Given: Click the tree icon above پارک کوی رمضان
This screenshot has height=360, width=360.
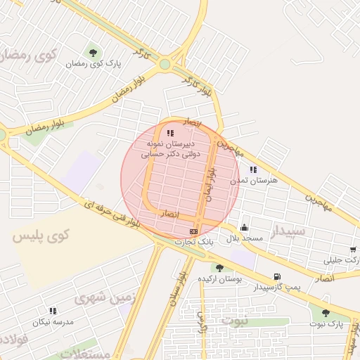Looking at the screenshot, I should coord(93,52).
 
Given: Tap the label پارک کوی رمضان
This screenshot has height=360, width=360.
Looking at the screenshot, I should coord(94,64).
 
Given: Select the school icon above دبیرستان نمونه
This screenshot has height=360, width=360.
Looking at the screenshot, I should coord(170,133).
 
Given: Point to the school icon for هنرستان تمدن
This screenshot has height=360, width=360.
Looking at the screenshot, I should coord(253,169).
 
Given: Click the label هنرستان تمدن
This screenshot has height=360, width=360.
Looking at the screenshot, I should coord(254,181).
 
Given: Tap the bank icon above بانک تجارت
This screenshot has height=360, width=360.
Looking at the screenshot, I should coord(194,231).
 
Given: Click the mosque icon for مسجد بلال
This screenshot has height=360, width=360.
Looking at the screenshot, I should coord(244,227).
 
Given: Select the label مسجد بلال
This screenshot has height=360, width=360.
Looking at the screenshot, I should coord(243,238).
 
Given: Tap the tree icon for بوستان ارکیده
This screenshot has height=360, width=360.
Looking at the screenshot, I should coord(220,267).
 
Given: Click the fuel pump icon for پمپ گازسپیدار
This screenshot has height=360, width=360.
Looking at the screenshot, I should coord(277,276).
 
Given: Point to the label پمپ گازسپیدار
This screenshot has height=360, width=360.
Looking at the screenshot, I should coord(277,288).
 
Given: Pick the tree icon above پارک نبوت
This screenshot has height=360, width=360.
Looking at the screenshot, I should coord(326,313).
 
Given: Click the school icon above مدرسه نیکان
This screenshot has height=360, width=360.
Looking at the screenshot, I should coord(53,310).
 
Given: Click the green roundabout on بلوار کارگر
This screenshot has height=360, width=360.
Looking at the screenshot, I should coord(165,64).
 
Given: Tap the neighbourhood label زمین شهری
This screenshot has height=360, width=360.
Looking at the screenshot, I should coord(103,300).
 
